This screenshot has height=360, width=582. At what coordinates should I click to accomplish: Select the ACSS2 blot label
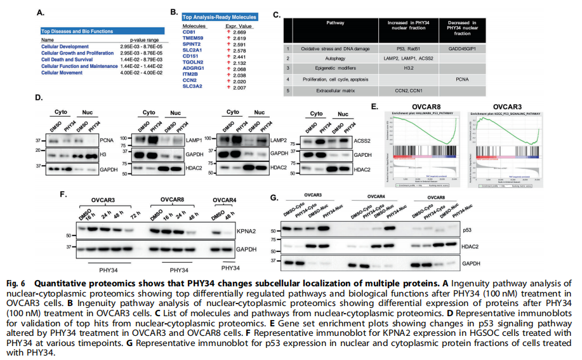point(364,143)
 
